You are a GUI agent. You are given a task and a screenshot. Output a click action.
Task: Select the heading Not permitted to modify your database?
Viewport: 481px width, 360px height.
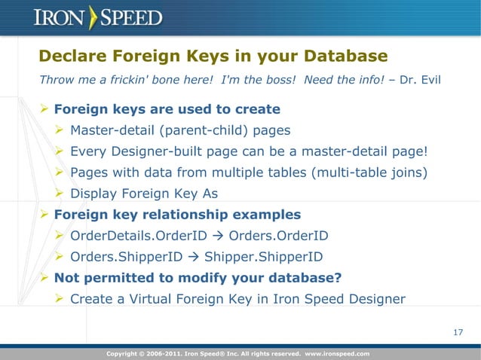pos(198,277)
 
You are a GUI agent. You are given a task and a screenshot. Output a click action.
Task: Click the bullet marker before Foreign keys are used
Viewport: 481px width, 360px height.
pos(44,109)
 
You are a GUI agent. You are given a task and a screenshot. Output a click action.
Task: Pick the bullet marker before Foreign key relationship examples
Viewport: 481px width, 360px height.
pos(44,215)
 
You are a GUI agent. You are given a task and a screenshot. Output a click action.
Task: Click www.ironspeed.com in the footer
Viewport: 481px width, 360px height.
pos(336,352)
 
